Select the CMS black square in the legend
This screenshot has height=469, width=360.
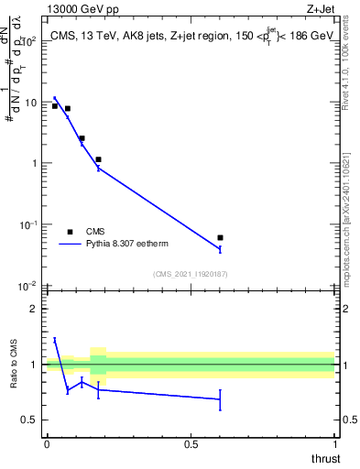pos(70,232)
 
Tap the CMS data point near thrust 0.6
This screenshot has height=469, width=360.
pos(220,238)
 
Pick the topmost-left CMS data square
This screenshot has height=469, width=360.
pos(55,106)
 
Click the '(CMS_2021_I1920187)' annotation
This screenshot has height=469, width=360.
pos(190,274)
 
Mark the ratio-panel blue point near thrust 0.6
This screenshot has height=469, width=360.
pos(220,399)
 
